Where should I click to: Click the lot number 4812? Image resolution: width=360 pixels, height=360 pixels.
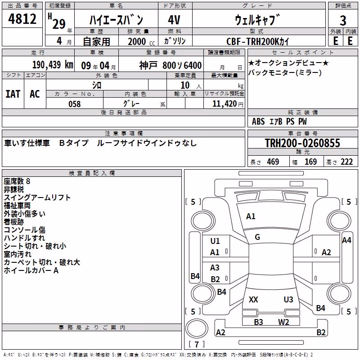point(22,19)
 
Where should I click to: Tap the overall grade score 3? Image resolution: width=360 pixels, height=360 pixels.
point(343,21)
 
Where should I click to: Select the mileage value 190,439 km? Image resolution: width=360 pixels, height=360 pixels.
point(53,65)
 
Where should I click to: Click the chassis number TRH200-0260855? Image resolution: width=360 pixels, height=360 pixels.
point(302,143)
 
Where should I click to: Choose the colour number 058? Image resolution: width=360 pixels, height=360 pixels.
point(75,104)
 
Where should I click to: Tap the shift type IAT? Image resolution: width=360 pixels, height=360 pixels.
point(13,94)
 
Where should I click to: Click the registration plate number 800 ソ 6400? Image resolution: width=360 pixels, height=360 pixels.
point(182,65)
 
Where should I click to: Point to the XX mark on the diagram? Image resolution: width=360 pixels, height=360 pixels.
point(253,300)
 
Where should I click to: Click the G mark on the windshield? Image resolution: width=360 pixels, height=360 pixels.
point(257,237)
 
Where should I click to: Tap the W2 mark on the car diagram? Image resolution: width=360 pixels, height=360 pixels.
point(283,322)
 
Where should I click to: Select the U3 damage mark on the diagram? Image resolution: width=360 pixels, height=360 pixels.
point(288,300)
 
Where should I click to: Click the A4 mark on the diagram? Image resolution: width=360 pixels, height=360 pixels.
point(346,240)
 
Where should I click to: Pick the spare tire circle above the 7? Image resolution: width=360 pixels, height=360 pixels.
point(197,328)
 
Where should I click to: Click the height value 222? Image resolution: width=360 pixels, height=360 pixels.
point(346,162)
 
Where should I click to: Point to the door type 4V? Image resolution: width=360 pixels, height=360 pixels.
point(174,20)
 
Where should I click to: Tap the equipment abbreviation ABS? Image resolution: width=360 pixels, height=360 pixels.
point(258,121)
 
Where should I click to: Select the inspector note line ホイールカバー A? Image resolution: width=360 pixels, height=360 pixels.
point(31,270)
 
